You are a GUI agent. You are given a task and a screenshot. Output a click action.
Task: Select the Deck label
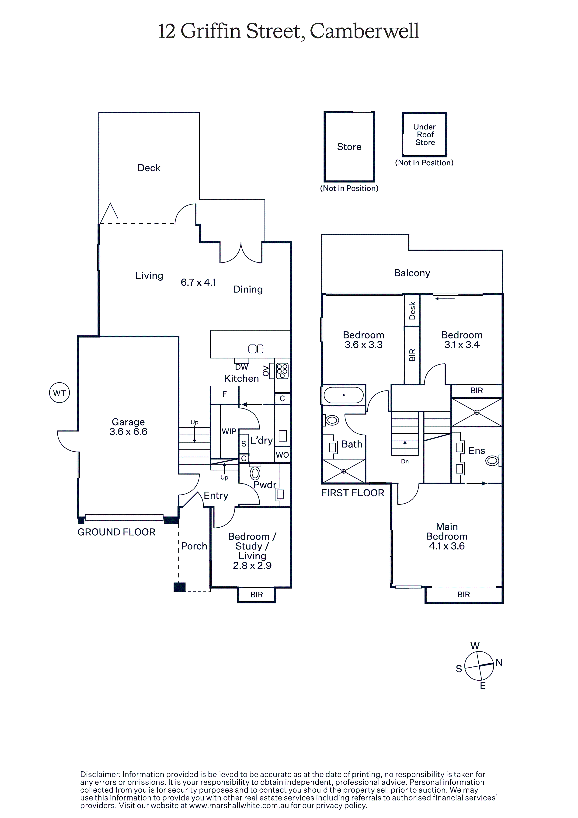point(149,168)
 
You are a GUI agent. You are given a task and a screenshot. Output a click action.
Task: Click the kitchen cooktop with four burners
point(282,371)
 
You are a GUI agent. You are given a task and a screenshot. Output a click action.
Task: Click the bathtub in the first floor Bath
point(344,395)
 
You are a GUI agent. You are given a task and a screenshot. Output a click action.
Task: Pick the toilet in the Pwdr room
point(255,473)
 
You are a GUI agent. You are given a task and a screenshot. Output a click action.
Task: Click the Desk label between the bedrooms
point(412,310)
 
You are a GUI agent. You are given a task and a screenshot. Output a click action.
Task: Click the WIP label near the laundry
point(229,432)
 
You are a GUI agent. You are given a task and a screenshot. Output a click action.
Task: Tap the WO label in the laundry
point(282,455)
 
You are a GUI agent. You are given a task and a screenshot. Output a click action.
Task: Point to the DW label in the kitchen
point(242,367)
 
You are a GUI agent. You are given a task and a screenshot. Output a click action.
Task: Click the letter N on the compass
point(499,662)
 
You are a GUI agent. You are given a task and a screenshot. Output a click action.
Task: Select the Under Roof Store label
point(425,134)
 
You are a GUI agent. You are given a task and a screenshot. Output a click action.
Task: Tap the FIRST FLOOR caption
point(353,493)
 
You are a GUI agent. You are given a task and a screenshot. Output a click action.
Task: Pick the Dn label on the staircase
point(405,461)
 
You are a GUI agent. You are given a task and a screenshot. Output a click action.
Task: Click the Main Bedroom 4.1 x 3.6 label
point(447,536)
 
